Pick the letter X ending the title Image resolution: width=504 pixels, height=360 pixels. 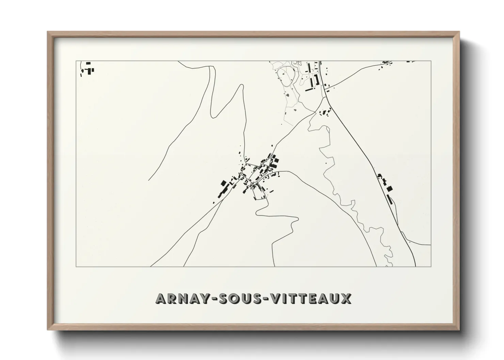tap(346, 298)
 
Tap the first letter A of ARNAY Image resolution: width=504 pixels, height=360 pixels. tap(161, 298)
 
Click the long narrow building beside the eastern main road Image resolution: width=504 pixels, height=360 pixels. tap(389, 199)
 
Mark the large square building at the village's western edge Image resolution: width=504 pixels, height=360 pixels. tap(224, 183)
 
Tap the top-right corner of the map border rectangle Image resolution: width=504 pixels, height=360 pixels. tap(431, 61)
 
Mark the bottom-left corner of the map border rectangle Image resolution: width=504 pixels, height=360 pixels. tap(76, 267)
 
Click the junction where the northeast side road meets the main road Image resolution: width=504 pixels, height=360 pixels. tap(326, 91)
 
